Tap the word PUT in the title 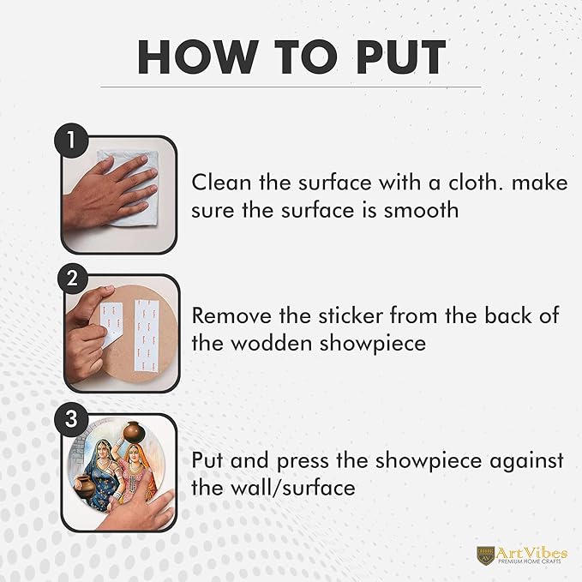400,57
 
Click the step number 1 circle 72,141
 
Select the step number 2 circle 72,279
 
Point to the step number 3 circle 72,419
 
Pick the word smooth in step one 421,211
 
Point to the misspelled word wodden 272,344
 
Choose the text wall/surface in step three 293,488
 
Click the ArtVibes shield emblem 485,555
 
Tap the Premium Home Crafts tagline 530,562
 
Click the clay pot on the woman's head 134,432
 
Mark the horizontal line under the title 291,87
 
